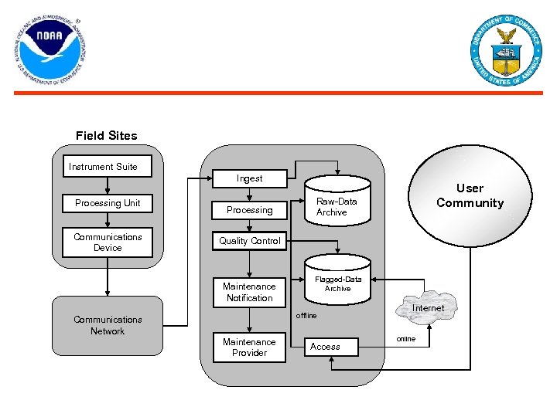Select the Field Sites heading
pyautogui.click(x=107, y=136)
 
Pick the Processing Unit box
pyautogui.click(x=108, y=203)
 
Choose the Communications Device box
pyautogui.click(x=108, y=242)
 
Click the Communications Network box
pyautogui.click(x=108, y=325)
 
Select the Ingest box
pyautogui.click(x=249, y=178)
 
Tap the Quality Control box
pyautogui.click(x=249, y=241)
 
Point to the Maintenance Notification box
pyautogui.click(x=249, y=292)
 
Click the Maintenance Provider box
pyautogui.click(x=249, y=347)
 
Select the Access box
pyautogui.click(x=331, y=347)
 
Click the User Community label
pyautogui.click(x=470, y=195)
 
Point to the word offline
pyautogui.click(x=307, y=316)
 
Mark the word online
pyautogui.click(x=406, y=339)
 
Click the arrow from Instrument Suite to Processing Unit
pyautogui.click(x=108, y=185)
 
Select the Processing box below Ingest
pyautogui.click(x=249, y=210)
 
